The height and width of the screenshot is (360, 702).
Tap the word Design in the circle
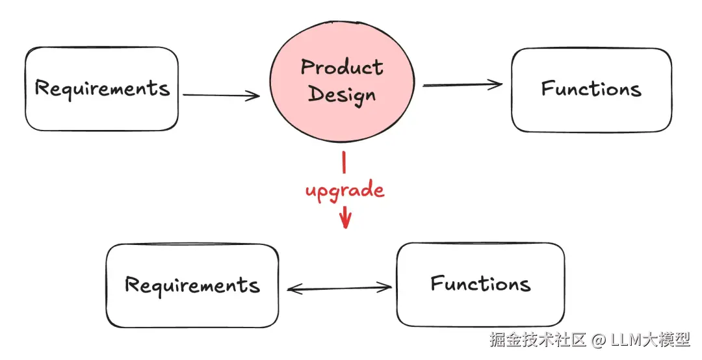(343, 95)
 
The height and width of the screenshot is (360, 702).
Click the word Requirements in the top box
(102, 88)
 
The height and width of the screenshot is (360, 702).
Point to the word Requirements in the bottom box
(192, 285)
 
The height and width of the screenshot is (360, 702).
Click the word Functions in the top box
(591, 88)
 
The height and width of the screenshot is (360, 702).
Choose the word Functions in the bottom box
(480, 284)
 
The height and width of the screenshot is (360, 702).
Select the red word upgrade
(345, 191)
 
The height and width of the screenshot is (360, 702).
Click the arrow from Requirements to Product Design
(221, 96)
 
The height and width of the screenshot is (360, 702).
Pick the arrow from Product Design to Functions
(462, 84)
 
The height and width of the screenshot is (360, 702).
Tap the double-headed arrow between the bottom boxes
(339, 289)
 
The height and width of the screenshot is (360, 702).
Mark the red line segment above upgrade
(344, 162)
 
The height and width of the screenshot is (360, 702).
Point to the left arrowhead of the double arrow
(292, 289)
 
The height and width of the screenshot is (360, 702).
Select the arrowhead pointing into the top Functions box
(497, 84)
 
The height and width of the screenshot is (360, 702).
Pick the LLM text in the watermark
(625, 339)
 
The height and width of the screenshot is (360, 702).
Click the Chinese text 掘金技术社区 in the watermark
(538, 339)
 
